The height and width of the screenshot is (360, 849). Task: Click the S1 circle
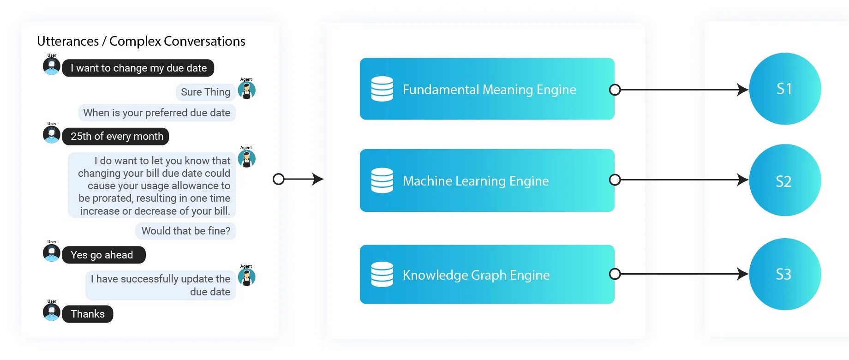pos(784,89)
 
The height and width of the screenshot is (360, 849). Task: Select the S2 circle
pos(784,180)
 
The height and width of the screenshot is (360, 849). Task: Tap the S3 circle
pos(784,274)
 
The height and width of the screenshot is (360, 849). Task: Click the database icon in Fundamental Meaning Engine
pos(382,89)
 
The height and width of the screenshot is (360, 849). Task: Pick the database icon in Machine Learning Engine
pos(382,180)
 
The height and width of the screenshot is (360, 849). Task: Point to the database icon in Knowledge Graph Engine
pos(382,275)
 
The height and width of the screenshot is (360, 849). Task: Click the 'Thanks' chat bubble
pos(88,314)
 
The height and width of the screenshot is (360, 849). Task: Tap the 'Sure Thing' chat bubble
pos(205,92)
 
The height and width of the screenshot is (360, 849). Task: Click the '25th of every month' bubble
pos(116,136)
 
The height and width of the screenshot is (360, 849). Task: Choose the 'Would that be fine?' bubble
pos(185,231)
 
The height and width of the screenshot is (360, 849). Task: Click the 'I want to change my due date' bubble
pos(138,68)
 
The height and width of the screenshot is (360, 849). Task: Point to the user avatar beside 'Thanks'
pos(52,312)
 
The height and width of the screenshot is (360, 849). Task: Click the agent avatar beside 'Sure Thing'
pos(247,90)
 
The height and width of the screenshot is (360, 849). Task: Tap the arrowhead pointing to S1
pos(742,90)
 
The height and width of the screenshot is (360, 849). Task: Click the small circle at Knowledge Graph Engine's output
pos(615,274)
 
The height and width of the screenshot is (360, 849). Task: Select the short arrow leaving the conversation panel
pos(299,179)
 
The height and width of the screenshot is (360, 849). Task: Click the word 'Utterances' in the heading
pos(68,42)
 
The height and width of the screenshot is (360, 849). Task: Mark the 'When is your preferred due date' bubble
pos(157,113)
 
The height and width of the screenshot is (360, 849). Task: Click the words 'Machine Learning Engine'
pos(476,181)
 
